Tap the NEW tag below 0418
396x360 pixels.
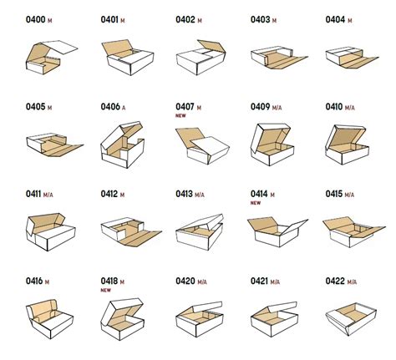[107, 292]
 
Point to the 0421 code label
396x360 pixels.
[261, 282]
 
